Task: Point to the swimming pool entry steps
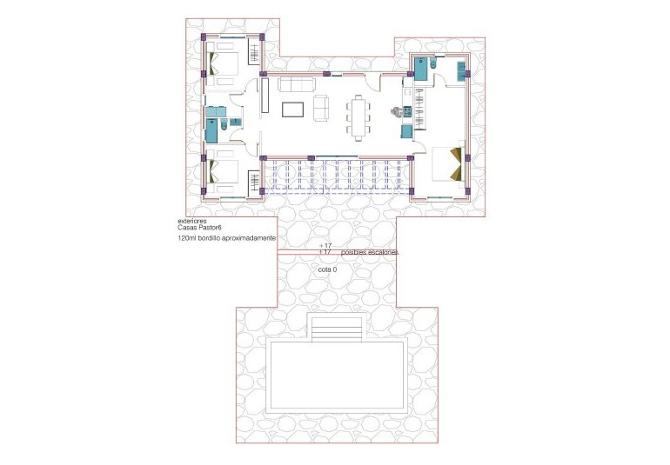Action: pos(335,327)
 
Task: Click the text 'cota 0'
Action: pos(326,270)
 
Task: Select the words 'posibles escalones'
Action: pos(370,251)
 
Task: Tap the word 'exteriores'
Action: pos(191,222)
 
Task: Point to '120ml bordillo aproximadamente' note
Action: pos(226,237)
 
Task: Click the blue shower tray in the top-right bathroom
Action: pos(422,69)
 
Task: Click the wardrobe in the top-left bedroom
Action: pos(255,54)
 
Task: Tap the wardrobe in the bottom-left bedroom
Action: pos(255,182)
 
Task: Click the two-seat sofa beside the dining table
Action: pos(321,108)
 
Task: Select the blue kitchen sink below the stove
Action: pos(405,131)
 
